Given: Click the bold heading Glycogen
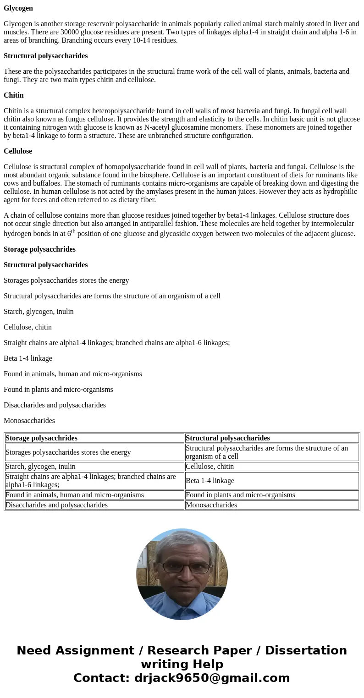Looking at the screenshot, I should click(x=18, y=8).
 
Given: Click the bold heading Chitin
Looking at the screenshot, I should click(x=14, y=95).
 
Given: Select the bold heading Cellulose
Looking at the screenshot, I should click(x=18, y=151).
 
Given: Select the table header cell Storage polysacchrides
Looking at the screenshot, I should click(x=42, y=438).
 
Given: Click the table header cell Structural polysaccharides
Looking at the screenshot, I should click(x=228, y=438).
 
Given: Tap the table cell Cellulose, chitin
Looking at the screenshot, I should click(x=210, y=467).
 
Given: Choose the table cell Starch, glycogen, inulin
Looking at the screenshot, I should click(x=41, y=467).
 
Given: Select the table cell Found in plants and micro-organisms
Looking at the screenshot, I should click(x=240, y=495).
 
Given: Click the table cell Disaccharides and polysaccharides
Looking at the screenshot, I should click(x=57, y=505).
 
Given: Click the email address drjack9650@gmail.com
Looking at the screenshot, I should click(x=212, y=678).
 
